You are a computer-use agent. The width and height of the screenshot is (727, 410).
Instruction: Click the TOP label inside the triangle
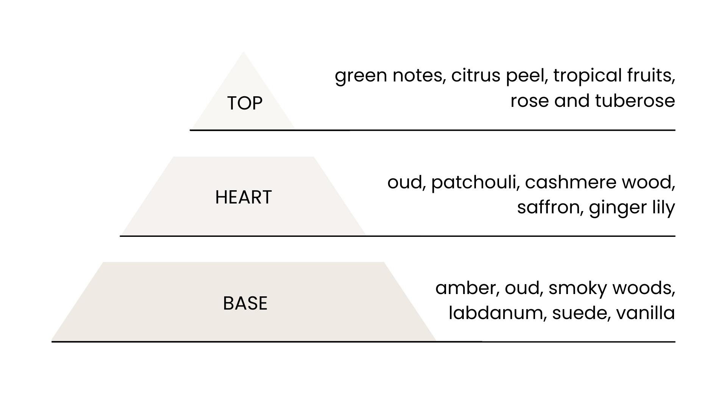[245, 103]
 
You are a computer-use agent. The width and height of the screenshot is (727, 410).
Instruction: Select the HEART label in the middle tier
[243, 197]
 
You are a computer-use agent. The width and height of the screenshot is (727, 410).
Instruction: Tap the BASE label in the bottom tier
[245, 303]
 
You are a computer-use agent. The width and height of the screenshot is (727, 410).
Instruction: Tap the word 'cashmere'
[571, 182]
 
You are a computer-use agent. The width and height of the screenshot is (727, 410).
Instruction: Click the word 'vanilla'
[646, 313]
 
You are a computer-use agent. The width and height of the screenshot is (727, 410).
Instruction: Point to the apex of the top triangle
[243, 52]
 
